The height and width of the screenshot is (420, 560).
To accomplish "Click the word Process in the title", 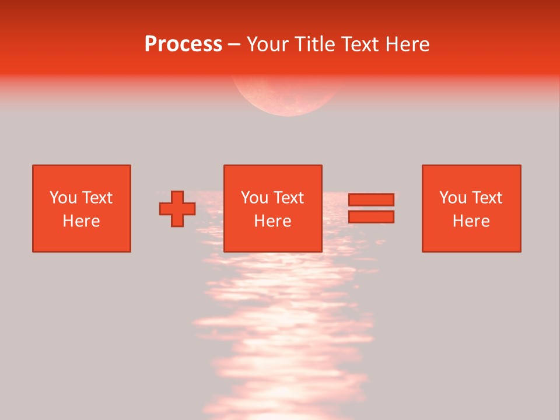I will coord(183,44).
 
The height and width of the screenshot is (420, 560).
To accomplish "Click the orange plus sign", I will coord(177,209).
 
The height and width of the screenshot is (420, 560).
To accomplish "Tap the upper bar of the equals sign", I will coord(371,199).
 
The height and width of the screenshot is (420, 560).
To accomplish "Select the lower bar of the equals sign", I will coord(371,217).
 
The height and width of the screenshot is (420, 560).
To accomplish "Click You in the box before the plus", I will coord(63,198).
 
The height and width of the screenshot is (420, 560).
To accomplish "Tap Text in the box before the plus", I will coord(97,198).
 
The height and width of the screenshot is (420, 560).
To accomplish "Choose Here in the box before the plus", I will coord(81,221).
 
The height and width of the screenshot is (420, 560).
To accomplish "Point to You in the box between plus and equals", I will coord(254,198).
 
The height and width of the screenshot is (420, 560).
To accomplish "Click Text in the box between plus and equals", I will coord(288,198).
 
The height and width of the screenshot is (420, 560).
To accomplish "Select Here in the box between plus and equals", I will coord(272,221).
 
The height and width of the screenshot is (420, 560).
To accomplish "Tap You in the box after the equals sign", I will coord(453,198).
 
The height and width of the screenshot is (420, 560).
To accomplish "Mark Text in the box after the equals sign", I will coord(487,198).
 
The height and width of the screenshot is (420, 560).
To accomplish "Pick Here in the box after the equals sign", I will coord(471,221).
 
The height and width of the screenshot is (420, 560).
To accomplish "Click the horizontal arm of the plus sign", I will coord(165,209).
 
